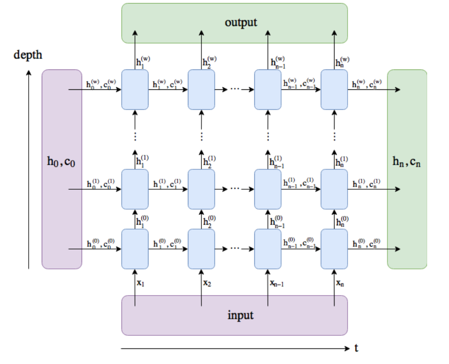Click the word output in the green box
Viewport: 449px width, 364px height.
(241, 23)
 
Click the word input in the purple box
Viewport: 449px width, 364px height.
(241, 315)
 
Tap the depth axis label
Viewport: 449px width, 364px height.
(28, 54)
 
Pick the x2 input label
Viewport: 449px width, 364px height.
(207, 283)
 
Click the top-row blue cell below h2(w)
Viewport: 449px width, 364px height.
(201, 89)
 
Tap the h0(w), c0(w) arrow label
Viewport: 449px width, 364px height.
(101, 83)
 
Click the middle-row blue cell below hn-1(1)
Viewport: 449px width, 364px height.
(268, 189)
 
